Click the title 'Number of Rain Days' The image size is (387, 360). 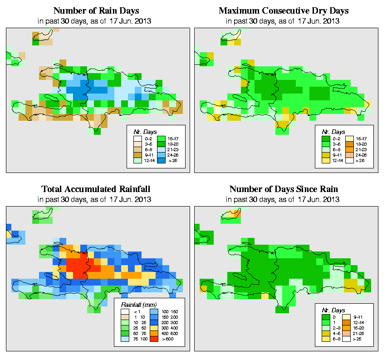[96, 10]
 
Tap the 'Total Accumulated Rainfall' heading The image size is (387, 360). [96, 189]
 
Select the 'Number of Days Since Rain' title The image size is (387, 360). [284, 189]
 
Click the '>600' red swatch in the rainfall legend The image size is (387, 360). [153, 338]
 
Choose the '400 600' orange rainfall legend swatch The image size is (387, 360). [153, 332]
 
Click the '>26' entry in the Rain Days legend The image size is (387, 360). [162, 160]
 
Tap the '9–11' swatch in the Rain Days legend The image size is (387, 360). [137, 154]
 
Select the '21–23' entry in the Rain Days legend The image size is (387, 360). [162, 148]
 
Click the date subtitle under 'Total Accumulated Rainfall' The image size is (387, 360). [96, 199]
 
